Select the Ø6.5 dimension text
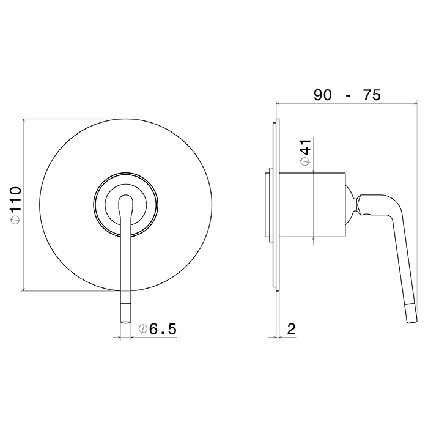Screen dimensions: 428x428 coord(158,329)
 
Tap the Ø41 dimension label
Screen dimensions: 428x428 coord(306,152)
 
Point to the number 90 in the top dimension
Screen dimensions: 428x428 coord(322,95)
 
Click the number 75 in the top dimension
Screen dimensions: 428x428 coord(371,95)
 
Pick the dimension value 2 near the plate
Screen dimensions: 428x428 coord(292,329)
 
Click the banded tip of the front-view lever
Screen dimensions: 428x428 coord(125,313)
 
